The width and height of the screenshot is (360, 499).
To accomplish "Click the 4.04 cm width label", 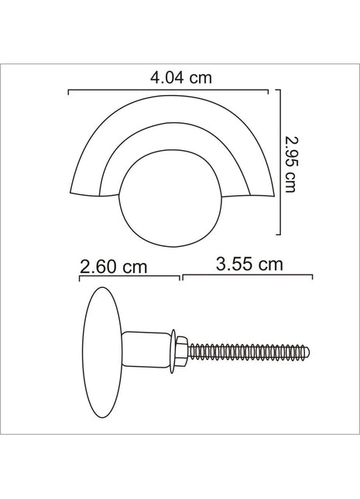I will click(x=181, y=77).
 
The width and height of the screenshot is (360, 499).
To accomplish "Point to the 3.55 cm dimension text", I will click(x=249, y=264).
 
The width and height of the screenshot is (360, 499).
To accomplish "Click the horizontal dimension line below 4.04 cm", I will click(x=169, y=91).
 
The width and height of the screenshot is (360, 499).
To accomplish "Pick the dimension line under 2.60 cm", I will click(x=129, y=276).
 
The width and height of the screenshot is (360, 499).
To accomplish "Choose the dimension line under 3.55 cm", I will click(x=248, y=276).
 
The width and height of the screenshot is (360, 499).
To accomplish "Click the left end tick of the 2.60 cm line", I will click(x=80, y=276).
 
